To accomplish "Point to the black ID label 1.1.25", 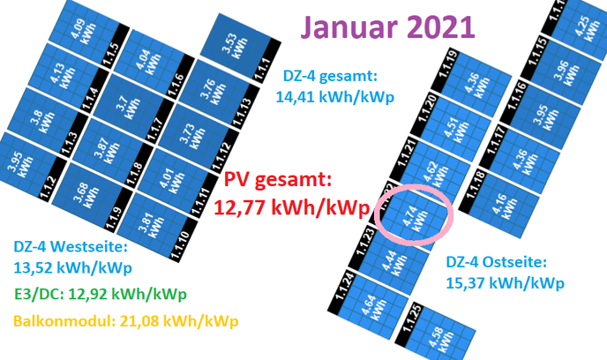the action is point(411,319).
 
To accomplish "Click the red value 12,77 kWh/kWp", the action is point(291,207).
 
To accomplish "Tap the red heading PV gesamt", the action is point(278,180).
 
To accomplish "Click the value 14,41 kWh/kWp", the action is point(335,96).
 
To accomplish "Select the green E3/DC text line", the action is point(101,294).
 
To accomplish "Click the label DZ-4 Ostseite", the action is point(497,262).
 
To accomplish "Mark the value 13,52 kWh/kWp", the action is point(72,267).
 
